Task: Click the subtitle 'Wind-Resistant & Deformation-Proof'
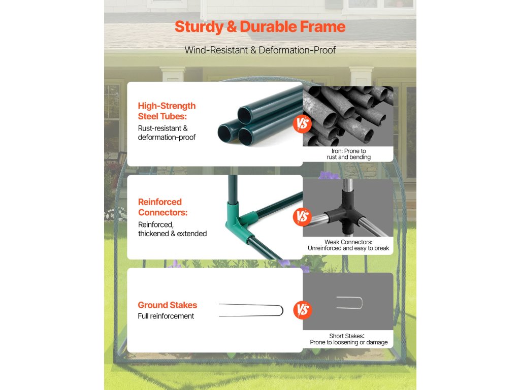click(x=260, y=50)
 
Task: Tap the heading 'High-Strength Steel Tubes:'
click(x=167, y=111)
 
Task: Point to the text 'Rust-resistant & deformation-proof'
click(x=167, y=133)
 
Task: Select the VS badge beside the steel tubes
click(x=302, y=124)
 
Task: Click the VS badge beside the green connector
click(x=302, y=216)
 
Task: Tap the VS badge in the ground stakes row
click(x=303, y=310)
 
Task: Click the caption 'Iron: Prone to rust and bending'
click(x=348, y=154)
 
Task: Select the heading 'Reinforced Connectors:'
click(x=163, y=207)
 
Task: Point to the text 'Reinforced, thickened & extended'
click(x=172, y=229)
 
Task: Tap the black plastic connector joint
click(x=344, y=212)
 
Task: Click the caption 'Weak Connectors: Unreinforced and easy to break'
click(x=348, y=245)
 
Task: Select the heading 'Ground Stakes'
click(x=167, y=305)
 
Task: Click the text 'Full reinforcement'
click(x=166, y=316)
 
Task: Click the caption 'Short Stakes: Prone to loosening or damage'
click(x=348, y=339)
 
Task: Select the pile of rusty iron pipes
click(x=348, y=116)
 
